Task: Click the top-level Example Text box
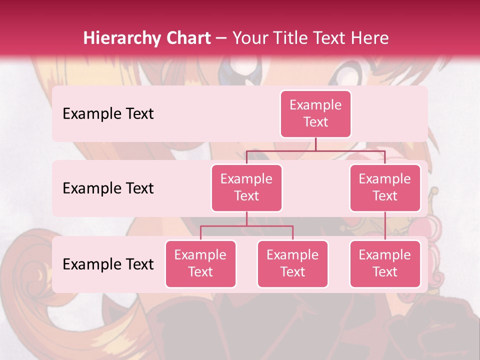[315, 114]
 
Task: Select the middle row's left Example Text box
[246, 187]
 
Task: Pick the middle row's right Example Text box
[385, 187]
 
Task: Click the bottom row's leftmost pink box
[200, 263]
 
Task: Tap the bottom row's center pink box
[292, 263]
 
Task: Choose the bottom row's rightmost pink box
[385, 263]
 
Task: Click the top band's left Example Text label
[108, 114]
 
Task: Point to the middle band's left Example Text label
[108, 188]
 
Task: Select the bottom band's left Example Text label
[108, 264]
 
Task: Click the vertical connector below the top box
[315, 144]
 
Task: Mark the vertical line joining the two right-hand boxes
[385, 226]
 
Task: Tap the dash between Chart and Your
[221, 38]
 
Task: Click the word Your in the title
[248, 38]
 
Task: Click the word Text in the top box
[315, 122]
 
